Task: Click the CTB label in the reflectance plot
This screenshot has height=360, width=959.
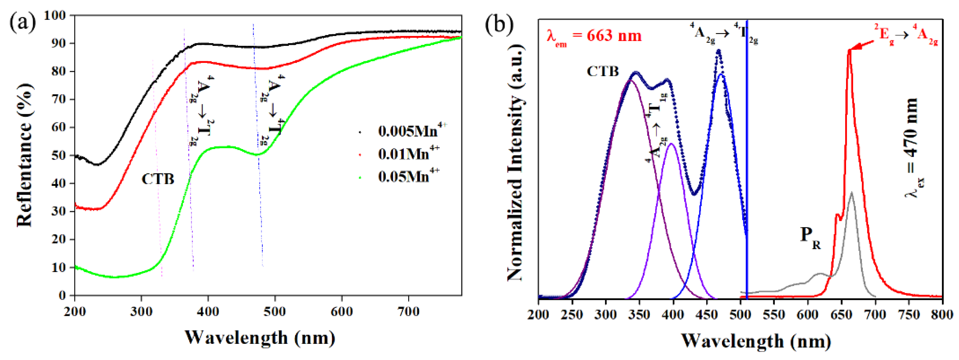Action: (x=158, y=179)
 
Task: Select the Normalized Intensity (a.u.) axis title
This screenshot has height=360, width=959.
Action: (x=516, y=164)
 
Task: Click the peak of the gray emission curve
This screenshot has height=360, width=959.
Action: (x=851, y=192)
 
